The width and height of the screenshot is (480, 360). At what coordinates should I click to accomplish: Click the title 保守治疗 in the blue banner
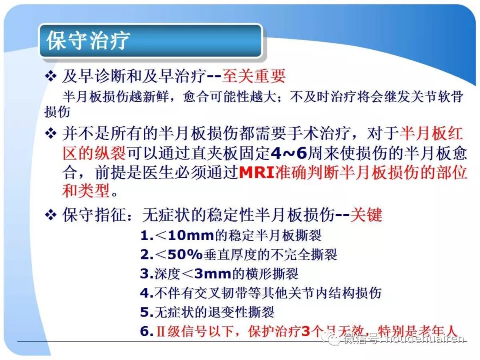point(88,40)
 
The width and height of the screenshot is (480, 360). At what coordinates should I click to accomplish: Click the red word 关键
point(366,215)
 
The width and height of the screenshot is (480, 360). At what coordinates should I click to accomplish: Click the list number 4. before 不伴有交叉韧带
point(147,293)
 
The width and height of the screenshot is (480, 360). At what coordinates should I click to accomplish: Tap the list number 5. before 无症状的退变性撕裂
point(147,312)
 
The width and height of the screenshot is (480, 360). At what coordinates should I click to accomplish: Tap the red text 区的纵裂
point(94,154)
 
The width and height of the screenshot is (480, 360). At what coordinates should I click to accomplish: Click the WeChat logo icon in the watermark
point(331,340)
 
